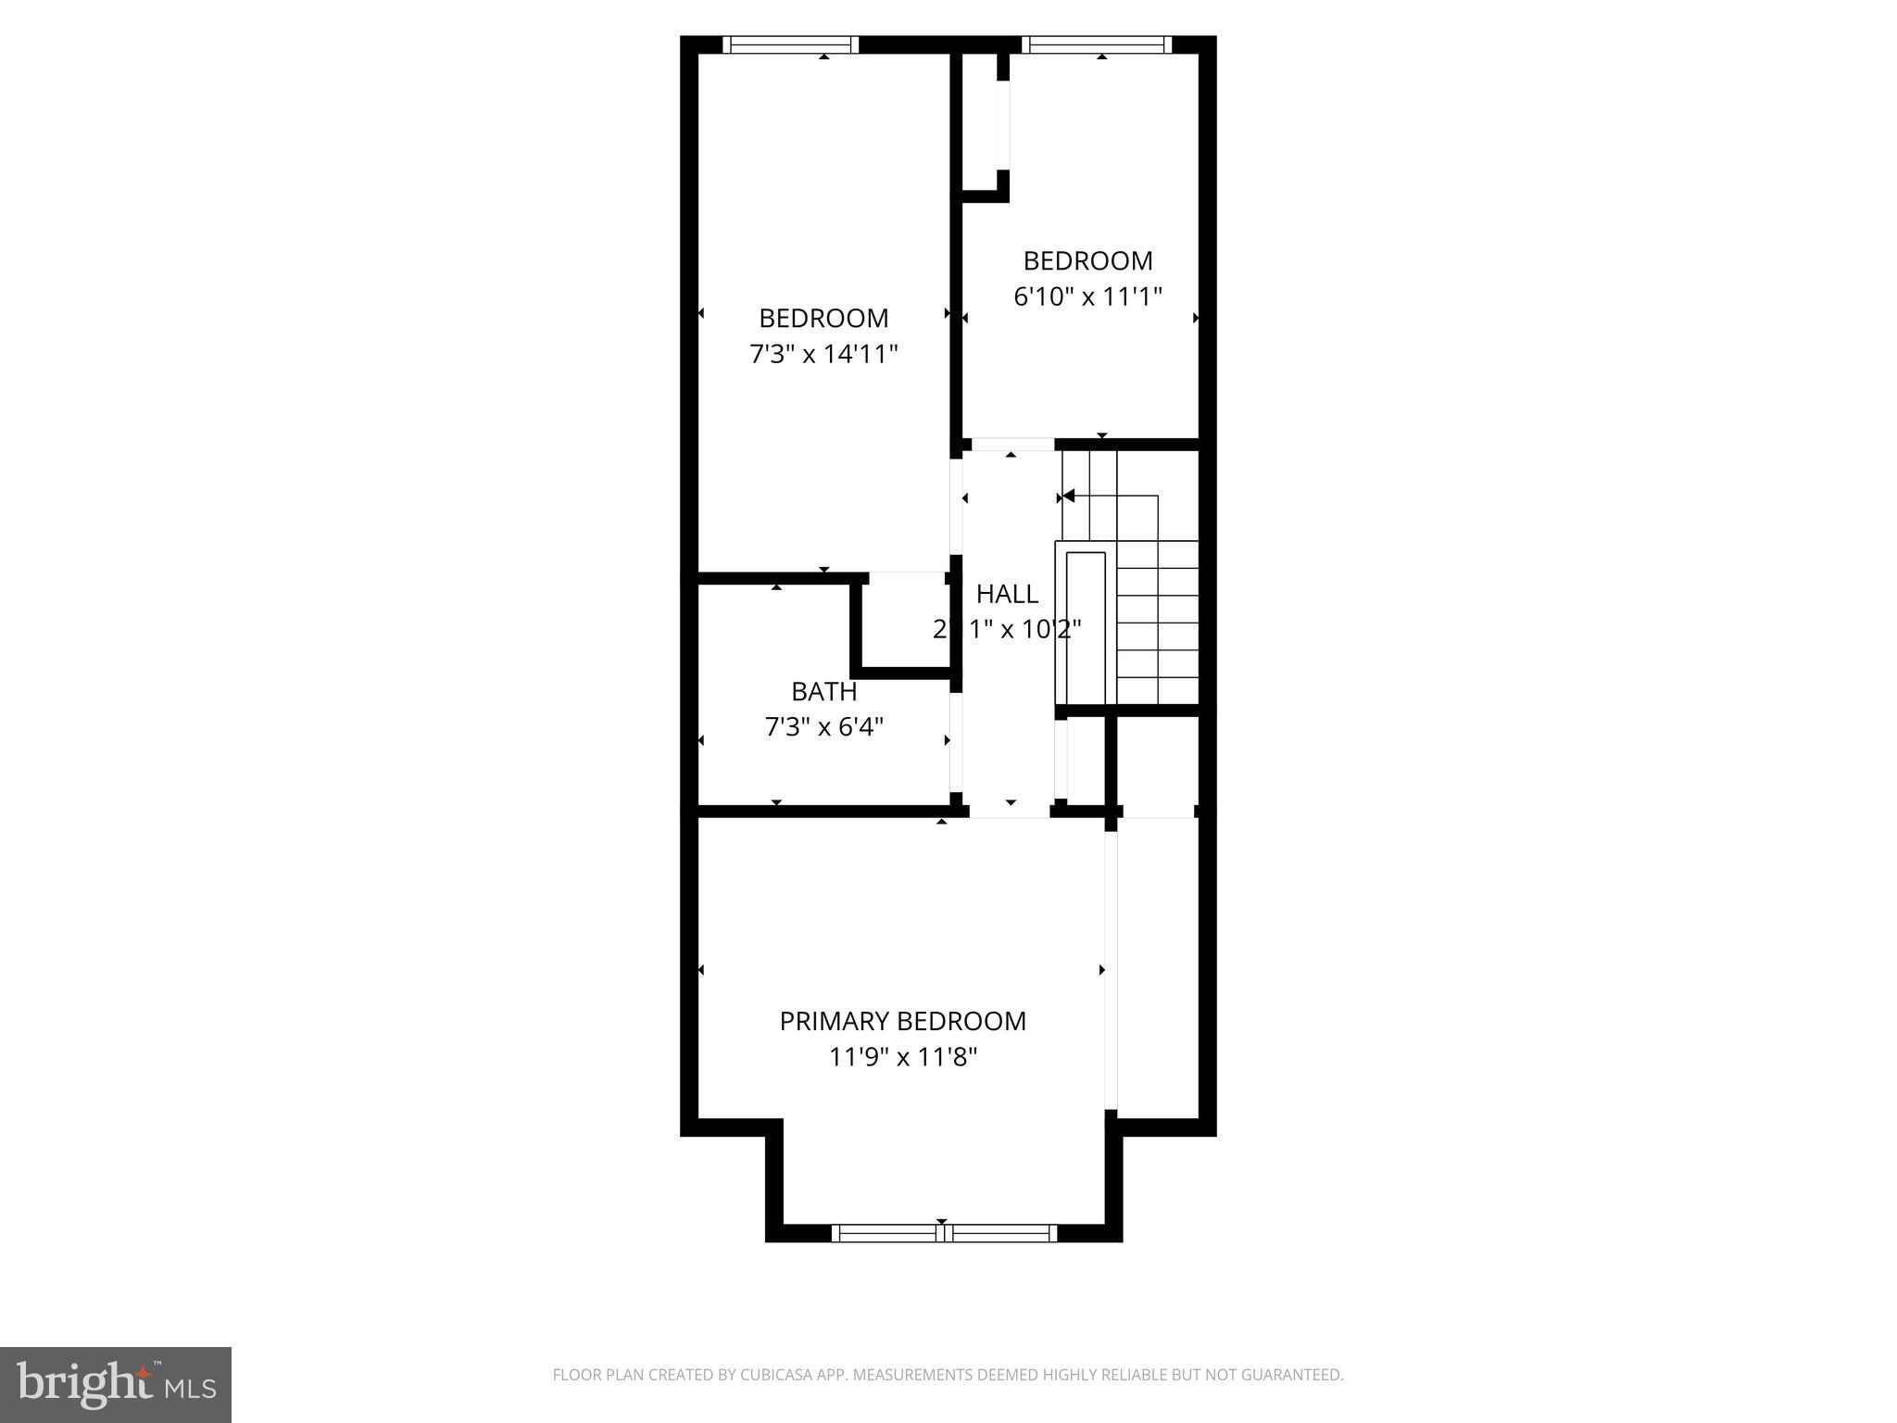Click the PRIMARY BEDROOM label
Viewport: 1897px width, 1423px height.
click(x=902, y=1021)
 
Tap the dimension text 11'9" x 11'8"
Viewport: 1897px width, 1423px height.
click(x=903, y=1057)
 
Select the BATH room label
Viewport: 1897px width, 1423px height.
click(x=823, y=692)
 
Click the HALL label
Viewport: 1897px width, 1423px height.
click(x=1007, y=594)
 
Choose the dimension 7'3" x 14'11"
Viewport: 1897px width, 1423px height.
click(x=823, y=354)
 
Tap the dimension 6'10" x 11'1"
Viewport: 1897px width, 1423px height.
click(x=1087, y=296)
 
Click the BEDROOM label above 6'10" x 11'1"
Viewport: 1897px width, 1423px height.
click(x=1087, y=260)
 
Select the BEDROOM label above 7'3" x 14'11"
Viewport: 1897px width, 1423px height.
click(x=823, y=318)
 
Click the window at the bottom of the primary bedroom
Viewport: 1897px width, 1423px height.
click(x=943, y=1232)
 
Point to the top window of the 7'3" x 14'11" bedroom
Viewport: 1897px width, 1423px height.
click(x=790, y=44)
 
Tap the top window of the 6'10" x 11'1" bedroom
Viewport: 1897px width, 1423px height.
click(x=1096, y=44)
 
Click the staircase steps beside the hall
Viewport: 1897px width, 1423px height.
click(x=1158, y=621)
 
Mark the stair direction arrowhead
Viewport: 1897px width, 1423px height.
click(x=1068, y=497)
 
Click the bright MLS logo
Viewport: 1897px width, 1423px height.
click(x=115, y=1384)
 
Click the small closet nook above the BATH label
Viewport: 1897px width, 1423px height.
click(x=905, y=619)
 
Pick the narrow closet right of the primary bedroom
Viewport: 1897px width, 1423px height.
click(x=1158, y=963)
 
